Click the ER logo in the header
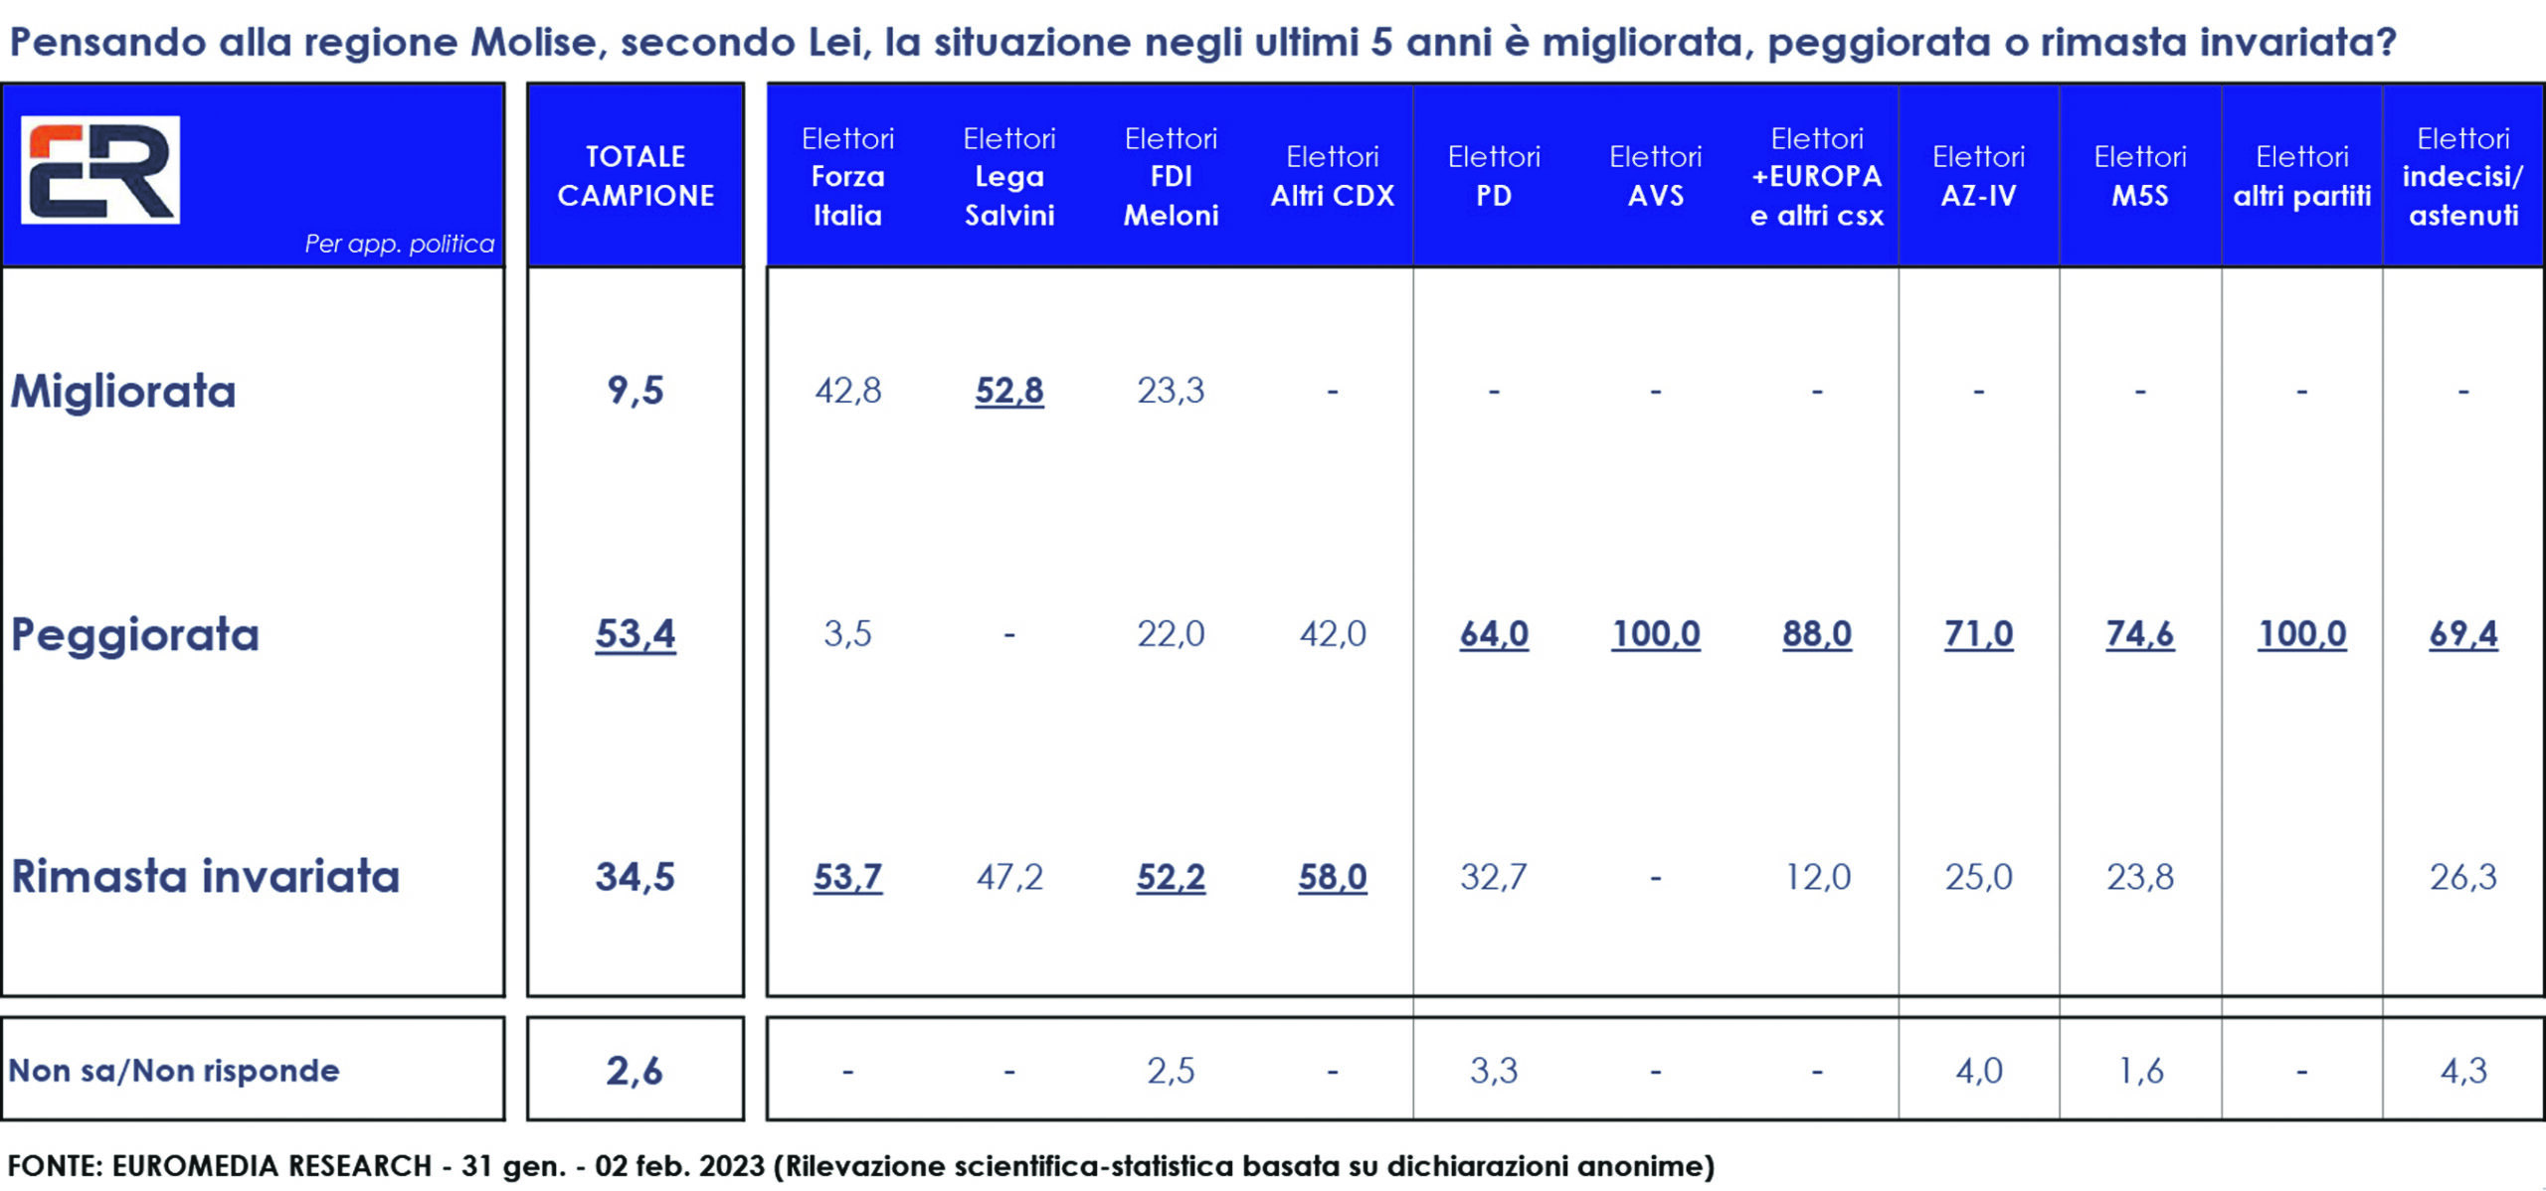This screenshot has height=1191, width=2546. pos(100,169)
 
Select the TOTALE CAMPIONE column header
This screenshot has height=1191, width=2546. pos(636,176)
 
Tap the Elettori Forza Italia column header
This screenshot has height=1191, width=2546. pos(847,177)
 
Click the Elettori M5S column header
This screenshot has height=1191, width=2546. pos(2140,176)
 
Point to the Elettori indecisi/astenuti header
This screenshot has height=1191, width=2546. pos(2462,177)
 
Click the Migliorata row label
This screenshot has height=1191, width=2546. pos(123,391)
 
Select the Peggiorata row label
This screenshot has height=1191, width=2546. pos(135,634)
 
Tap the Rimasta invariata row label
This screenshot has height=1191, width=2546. pos(205,877)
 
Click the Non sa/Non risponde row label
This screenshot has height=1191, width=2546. pos(174,1071)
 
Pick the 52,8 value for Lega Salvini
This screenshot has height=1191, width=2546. pos(1008,391)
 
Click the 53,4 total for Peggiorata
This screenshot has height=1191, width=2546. pos(635,634)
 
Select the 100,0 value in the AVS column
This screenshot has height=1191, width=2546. pos(1656,634)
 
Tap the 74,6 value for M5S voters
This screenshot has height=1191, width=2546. pos(2140,634)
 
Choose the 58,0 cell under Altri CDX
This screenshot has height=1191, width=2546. pos(1333,877)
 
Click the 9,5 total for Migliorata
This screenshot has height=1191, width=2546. pos(635,391)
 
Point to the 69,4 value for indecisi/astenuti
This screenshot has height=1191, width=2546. pos(2462,634)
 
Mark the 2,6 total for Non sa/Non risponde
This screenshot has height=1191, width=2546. pos(635,1071)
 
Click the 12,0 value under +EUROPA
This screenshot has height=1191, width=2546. pos(1817,877)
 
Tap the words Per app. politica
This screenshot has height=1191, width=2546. pos(399,244)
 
